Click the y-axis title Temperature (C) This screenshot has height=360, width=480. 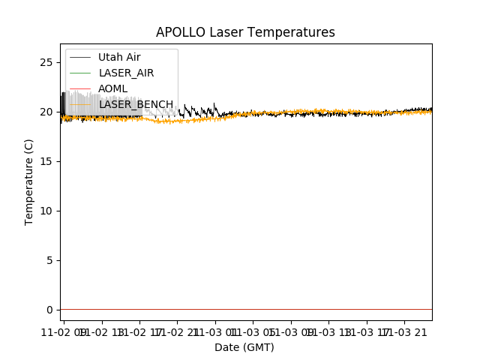coord(29,181)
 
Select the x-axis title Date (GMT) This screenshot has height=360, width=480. coord(244,347)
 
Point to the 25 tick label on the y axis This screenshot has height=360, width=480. coord(46,62)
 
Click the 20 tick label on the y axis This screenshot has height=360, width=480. coord(46,112)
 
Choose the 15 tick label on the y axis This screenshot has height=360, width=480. coord(46,161)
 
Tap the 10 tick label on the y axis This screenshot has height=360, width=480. coord(46,211)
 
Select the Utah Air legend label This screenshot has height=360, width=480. coord(119,58)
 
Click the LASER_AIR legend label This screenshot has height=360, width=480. coord(126,73)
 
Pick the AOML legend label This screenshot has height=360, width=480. coord(112,89)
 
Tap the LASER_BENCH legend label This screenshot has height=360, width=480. coord(136,105)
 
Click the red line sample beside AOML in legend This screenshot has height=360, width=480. coord(81,89)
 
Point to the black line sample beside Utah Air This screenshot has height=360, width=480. coord(81,58)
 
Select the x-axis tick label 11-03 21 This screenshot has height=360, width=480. coord(409,331)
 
